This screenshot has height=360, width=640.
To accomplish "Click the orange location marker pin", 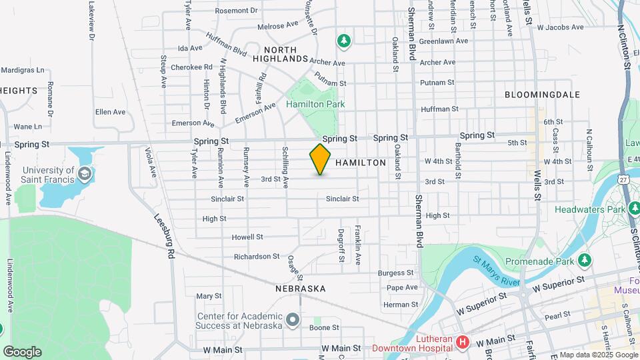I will (320, 159).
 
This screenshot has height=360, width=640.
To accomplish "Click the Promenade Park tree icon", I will (585, 259).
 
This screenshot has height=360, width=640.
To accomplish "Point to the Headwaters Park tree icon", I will (631, 209).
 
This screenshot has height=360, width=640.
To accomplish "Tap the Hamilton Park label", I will (315, 104).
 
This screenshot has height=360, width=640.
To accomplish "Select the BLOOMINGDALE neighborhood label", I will (542, 95).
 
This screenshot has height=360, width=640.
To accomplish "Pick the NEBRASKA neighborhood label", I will (300, 289).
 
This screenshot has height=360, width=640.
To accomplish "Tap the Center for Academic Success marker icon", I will (292, 321).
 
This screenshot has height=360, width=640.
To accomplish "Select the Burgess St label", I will (396, 273).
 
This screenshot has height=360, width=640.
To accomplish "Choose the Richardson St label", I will (257, 256).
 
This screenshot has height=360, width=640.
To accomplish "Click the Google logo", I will (22, 351).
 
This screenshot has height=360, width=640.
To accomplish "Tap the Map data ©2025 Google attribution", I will (598, 355).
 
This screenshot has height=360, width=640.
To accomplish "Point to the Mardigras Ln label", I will (22, 69).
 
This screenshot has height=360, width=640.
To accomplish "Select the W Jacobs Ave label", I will (560, 28).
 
